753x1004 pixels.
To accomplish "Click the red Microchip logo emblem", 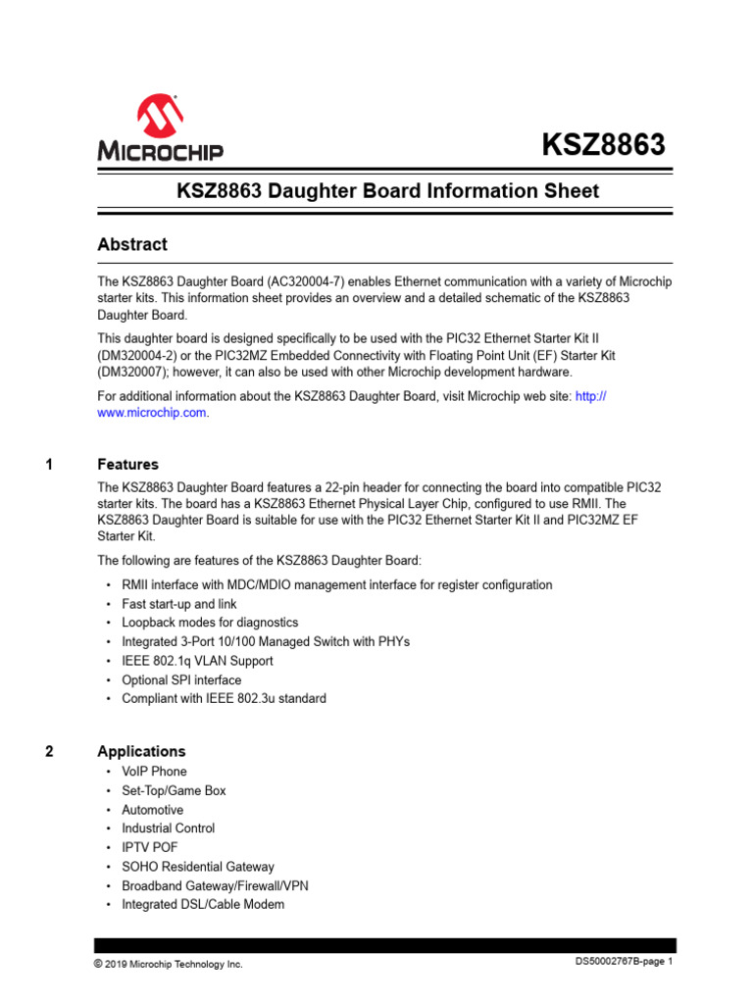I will pyautogui.click(x=160, y=117).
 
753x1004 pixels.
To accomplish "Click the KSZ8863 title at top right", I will pyautogui.click(x=604, y=145).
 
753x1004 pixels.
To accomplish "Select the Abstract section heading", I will pyautogui.click(x=132, y=244).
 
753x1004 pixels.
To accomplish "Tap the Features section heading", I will pyautogui.click(x=127, y=464).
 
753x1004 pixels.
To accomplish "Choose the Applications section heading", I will pyautogui.click(x=141, y=751).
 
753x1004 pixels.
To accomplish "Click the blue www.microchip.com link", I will pyautogui.click(x=152, y=413).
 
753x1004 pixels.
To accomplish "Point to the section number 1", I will pyautogui.click(x=49, y=464).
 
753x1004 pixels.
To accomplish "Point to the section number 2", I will pyautogui.click(x=49, y=751).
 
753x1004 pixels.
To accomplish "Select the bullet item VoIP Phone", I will pyautogui.click(x=154, y=772).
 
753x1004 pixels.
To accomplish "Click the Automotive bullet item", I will pyautogui.click(x=152, y=810).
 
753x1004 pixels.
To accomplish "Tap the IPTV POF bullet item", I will pyautogui.click(x=150, y=847).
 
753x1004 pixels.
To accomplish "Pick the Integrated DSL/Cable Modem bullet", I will pyautogui.click(x=203, y=904).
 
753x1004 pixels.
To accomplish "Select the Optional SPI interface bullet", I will pyautogui.click(x=181, y=679).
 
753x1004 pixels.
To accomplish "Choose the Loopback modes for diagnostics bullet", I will pyautogui.click(x=210, y=623).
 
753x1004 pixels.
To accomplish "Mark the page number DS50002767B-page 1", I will pyautogui.click(x=624, y=963).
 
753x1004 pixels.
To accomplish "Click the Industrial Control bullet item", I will pyautogui.click(x=168, y=828).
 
